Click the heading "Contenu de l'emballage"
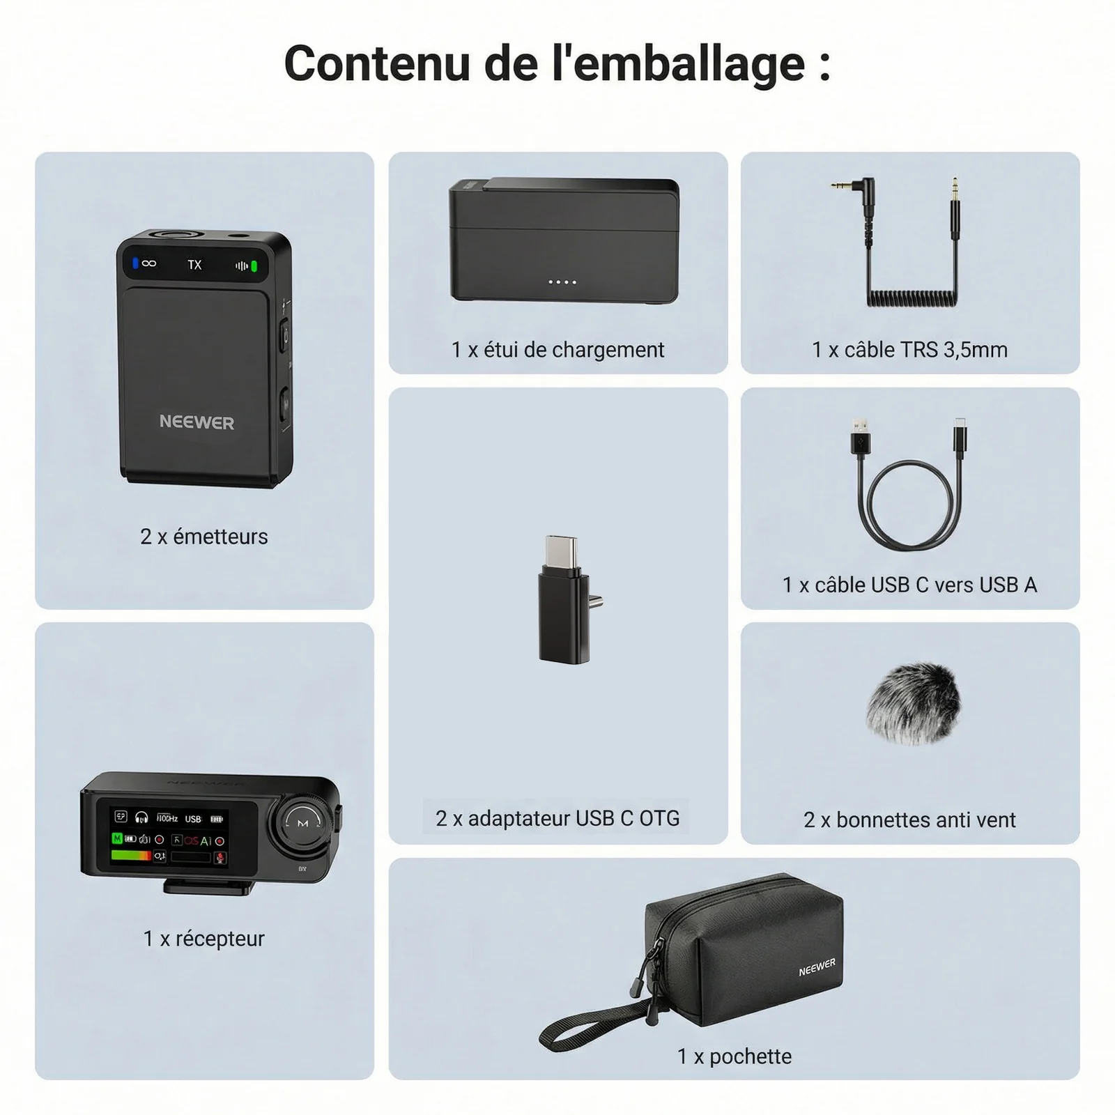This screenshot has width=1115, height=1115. point(557,64)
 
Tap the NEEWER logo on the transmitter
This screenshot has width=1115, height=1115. point(197,422)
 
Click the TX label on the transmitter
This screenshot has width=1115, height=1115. point(194,265)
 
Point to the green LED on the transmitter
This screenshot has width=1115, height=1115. point(254,266)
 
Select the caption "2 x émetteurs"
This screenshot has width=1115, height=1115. point(203,537)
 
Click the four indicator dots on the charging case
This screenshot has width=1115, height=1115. point(562,282)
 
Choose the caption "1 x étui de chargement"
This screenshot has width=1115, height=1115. point(557,350)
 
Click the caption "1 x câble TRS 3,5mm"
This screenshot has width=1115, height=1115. point(909,350)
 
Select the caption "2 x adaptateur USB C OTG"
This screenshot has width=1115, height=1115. point(557,818)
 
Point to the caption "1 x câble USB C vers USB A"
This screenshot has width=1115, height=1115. point(909,585)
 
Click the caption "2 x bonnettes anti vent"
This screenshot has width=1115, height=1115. point(909,820)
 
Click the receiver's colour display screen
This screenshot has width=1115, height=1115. point(170,838)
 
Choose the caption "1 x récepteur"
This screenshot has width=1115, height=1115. point(203,939)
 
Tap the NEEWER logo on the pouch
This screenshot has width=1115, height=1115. point(817,967)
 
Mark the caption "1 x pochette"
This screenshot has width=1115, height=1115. point(735,1056)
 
